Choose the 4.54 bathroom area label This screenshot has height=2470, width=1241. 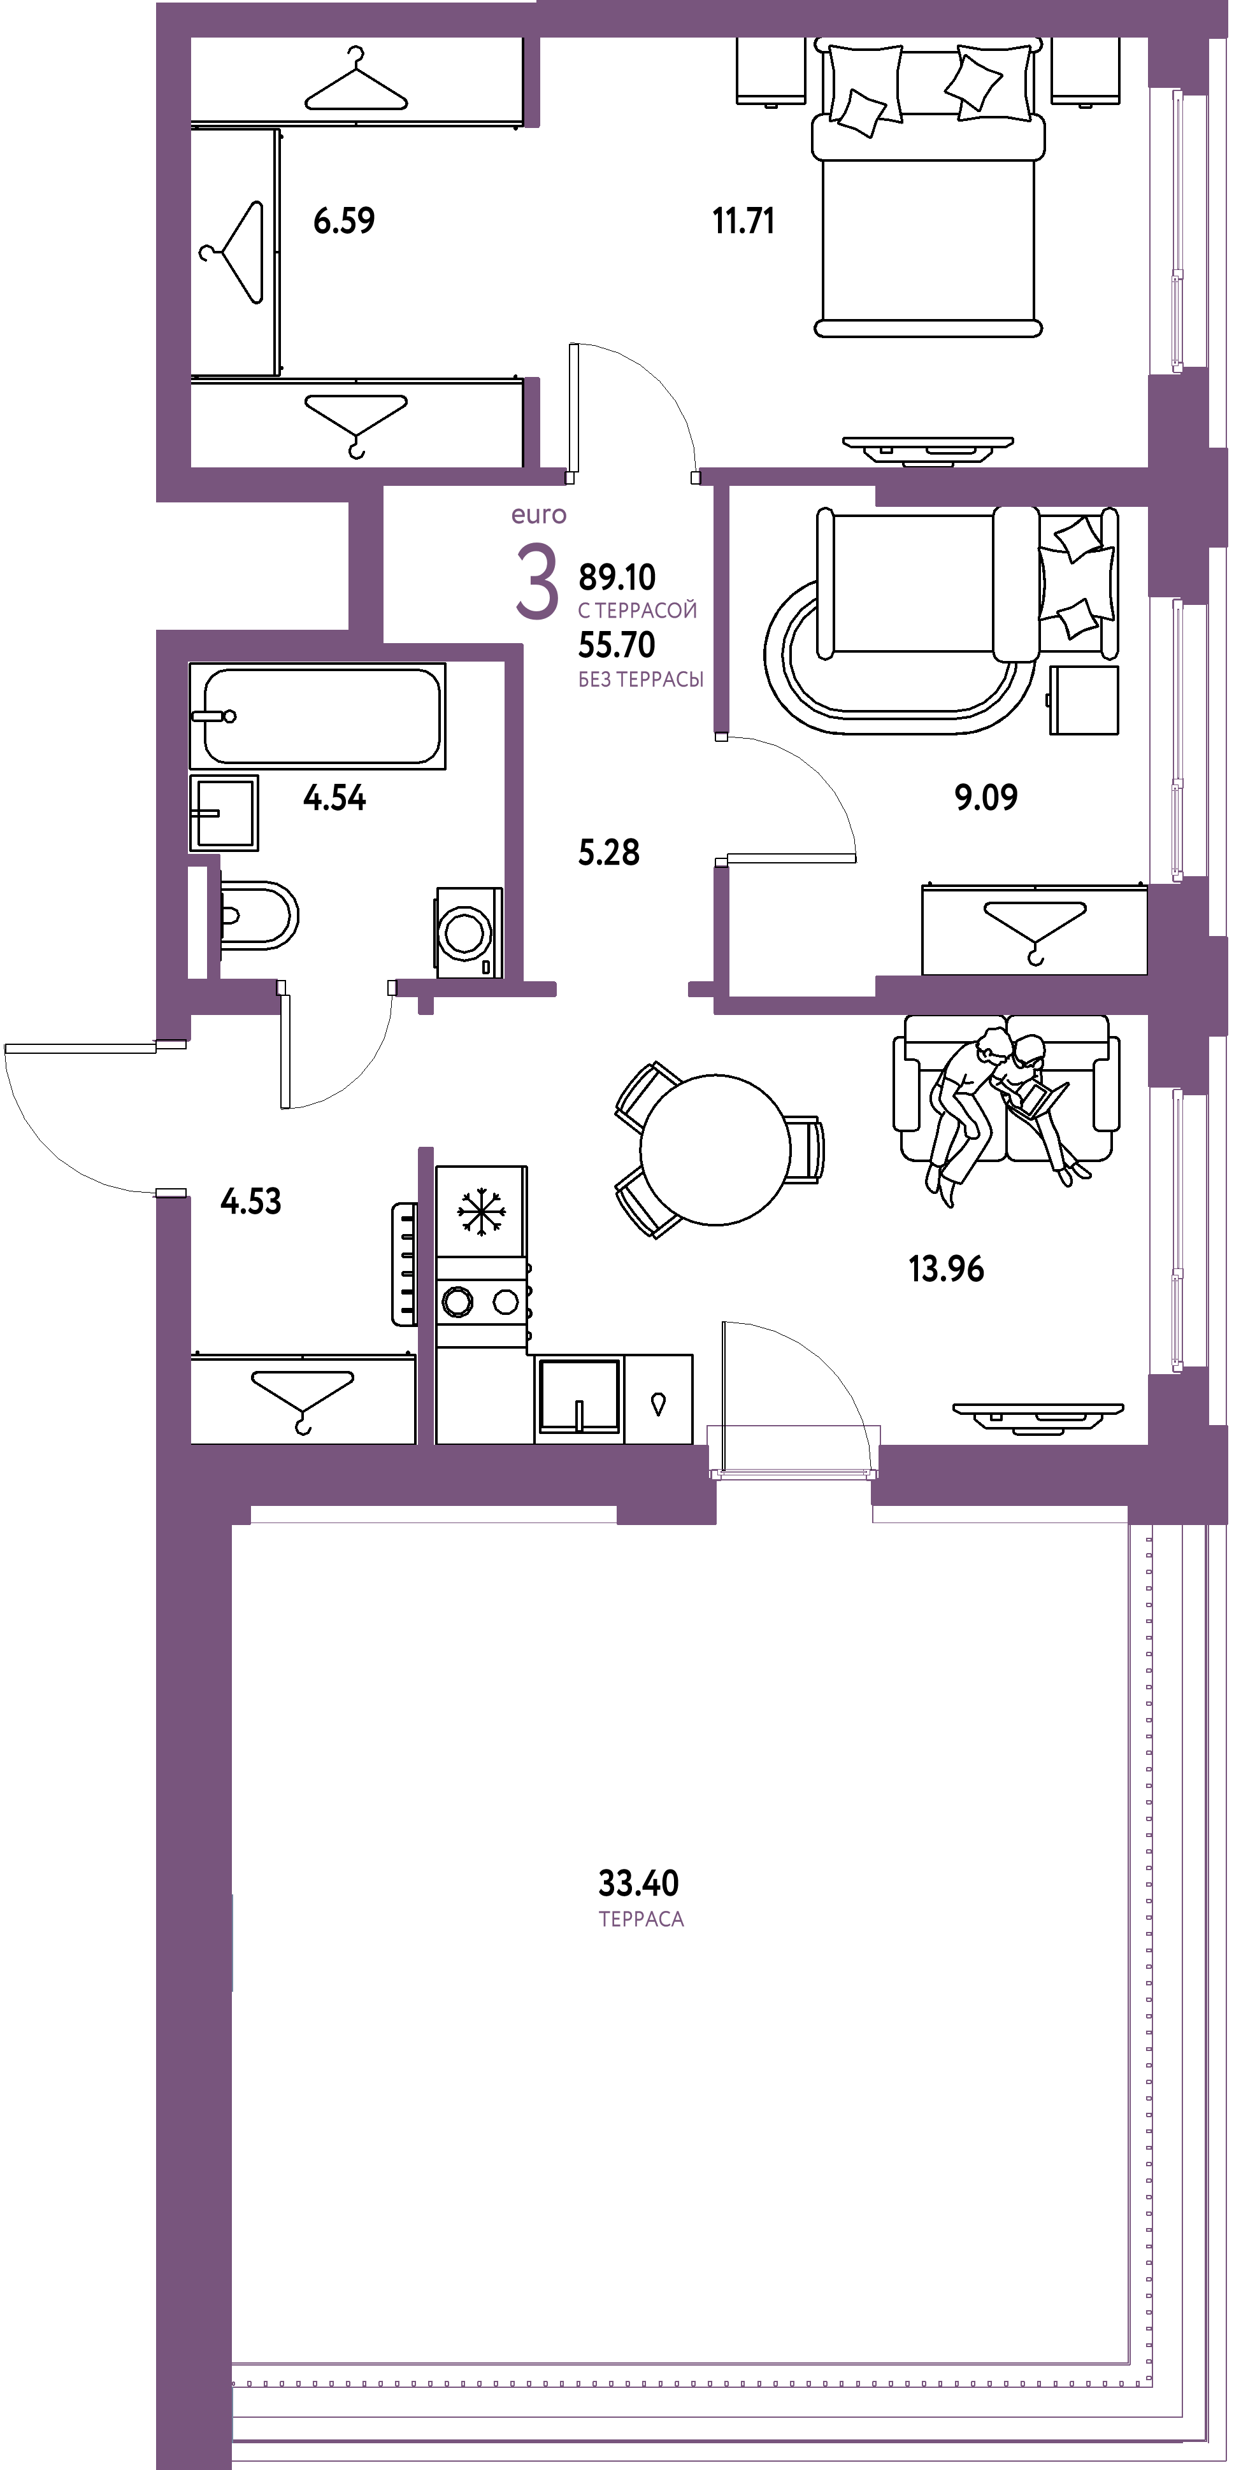[334, 798]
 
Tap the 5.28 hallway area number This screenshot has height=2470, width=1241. [609, 851]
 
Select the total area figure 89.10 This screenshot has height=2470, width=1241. [617, 578]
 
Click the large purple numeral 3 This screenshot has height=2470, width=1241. [536, 582]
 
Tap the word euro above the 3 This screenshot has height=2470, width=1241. [539, 516]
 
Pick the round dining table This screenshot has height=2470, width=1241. [715, 1149]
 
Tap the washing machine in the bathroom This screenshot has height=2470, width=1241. [469, 932]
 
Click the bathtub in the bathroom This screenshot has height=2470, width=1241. [317, 715]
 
